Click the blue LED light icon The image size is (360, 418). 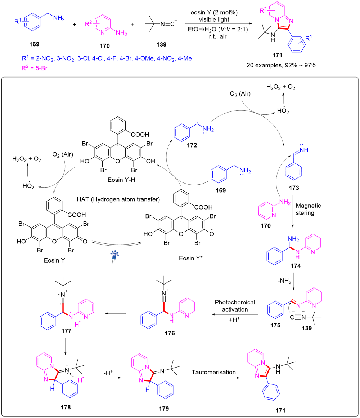click(114, 257)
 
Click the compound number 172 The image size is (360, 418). click(192, 145)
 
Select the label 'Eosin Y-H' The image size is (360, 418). click(121, 180)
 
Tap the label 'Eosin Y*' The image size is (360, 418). click(190, 258)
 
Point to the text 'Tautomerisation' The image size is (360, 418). click(213, 372)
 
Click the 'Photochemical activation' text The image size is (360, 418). click(235, 306)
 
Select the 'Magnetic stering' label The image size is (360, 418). click(308, 209)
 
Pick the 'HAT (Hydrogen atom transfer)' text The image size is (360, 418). click(118, 199)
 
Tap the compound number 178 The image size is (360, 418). click(66, 407)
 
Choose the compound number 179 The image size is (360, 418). click(164, 408)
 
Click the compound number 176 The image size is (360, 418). click(170, 333)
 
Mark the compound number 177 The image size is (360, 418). click(66, 331)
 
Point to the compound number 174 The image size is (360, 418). click(296, 266)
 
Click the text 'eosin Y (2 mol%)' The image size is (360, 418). click(214, 13)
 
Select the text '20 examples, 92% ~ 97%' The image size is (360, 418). click(282, 65)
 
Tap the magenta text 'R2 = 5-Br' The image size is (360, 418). click(34, 68)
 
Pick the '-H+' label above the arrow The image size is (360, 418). click(108, 373)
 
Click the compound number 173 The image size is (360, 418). click(294, 188)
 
